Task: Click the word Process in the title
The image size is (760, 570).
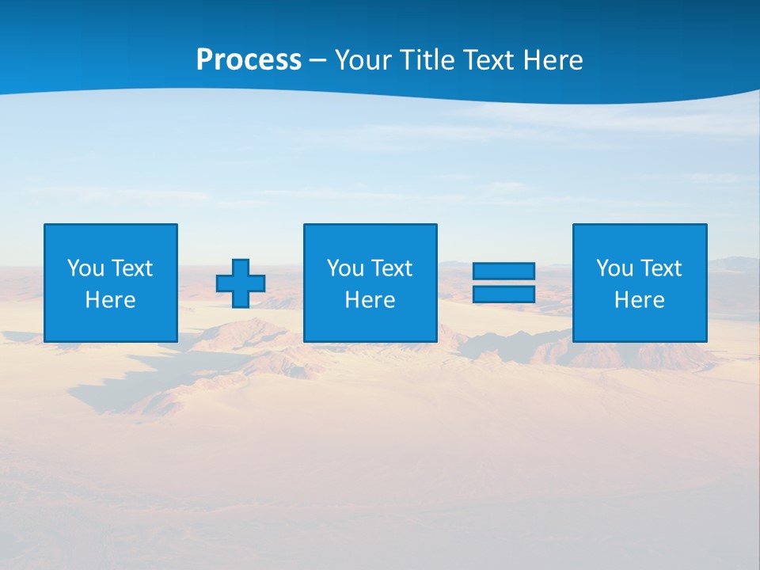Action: pos(249,60)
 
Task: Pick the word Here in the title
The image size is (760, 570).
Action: pos(553,60)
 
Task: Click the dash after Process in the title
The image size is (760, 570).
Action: pos(318,61)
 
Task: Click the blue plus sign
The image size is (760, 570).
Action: pos(241,283)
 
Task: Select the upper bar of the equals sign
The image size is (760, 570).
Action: pos(503,271)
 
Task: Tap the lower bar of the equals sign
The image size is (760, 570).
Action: pos(503,294)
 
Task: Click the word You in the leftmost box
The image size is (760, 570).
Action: pos(85,268)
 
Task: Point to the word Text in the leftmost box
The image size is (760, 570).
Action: pos(131,268)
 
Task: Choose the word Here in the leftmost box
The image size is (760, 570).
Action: pos(110,300)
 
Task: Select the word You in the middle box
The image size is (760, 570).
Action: pos(345,268)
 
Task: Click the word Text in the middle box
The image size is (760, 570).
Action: pos(391,268)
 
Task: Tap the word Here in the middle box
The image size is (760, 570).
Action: pos(370,300)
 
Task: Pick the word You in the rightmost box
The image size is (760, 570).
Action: pos(614,268)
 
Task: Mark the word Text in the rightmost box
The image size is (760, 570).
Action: pos(660,268)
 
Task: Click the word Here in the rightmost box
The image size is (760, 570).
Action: pos(639,300)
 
